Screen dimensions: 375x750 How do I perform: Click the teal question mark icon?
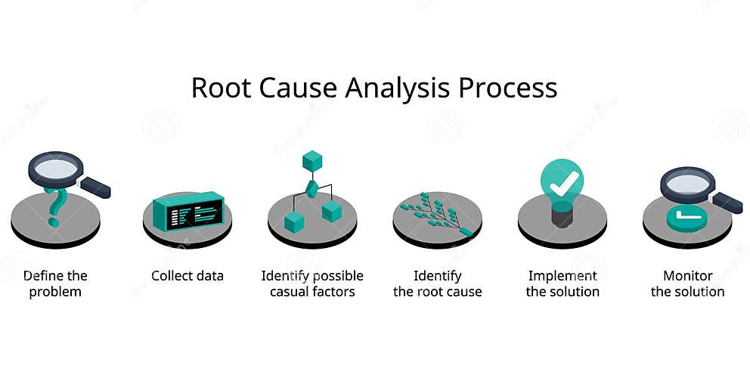[54, 205]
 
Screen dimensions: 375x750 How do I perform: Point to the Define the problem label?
[55, 284]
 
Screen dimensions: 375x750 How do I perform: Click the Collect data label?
[187, 276]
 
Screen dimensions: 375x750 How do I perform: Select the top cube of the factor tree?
[312, 161]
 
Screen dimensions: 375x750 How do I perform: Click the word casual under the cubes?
[292, 292]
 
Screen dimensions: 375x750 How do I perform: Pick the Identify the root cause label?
[437, 284]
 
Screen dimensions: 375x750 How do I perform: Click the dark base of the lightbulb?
[562, 217]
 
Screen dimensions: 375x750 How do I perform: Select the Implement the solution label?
[562, 284]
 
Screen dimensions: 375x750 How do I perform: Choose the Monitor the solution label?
[687, 284]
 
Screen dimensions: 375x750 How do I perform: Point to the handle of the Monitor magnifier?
[727, 202]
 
